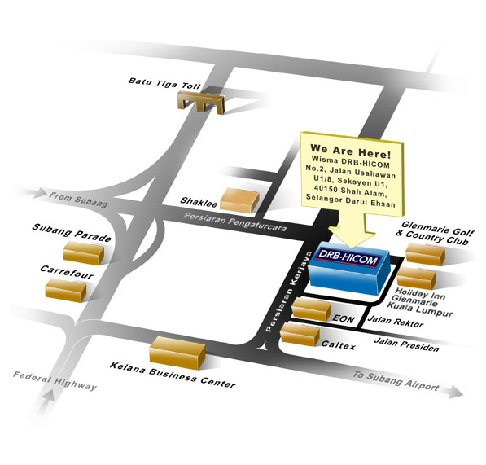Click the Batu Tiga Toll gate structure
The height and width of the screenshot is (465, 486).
click(201, 102)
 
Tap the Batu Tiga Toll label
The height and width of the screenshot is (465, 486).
click(164, 84)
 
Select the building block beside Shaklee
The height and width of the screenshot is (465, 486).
click(239, 200)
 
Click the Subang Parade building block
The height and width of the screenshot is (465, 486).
click(84, 253)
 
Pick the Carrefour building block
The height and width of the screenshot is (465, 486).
click(66, 290)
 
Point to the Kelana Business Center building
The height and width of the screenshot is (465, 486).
click(177, 353)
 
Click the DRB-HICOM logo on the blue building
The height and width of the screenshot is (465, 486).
click(348, 258)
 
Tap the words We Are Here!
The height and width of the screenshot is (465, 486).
click(351, 151)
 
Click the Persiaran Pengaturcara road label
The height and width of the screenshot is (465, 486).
click(234, 222)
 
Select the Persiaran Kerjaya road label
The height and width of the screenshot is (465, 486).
click(289, 292)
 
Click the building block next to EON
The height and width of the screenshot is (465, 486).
click(312, 309)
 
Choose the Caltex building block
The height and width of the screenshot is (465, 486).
click(300, 335)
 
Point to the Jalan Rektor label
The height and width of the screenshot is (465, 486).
click(396, 322)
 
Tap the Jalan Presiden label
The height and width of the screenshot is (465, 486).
click(407, 344)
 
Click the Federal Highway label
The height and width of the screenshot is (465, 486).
click(55, 380)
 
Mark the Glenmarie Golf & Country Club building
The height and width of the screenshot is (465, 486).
click(425, 255)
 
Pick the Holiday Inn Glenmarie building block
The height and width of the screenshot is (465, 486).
click(416, 278)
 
